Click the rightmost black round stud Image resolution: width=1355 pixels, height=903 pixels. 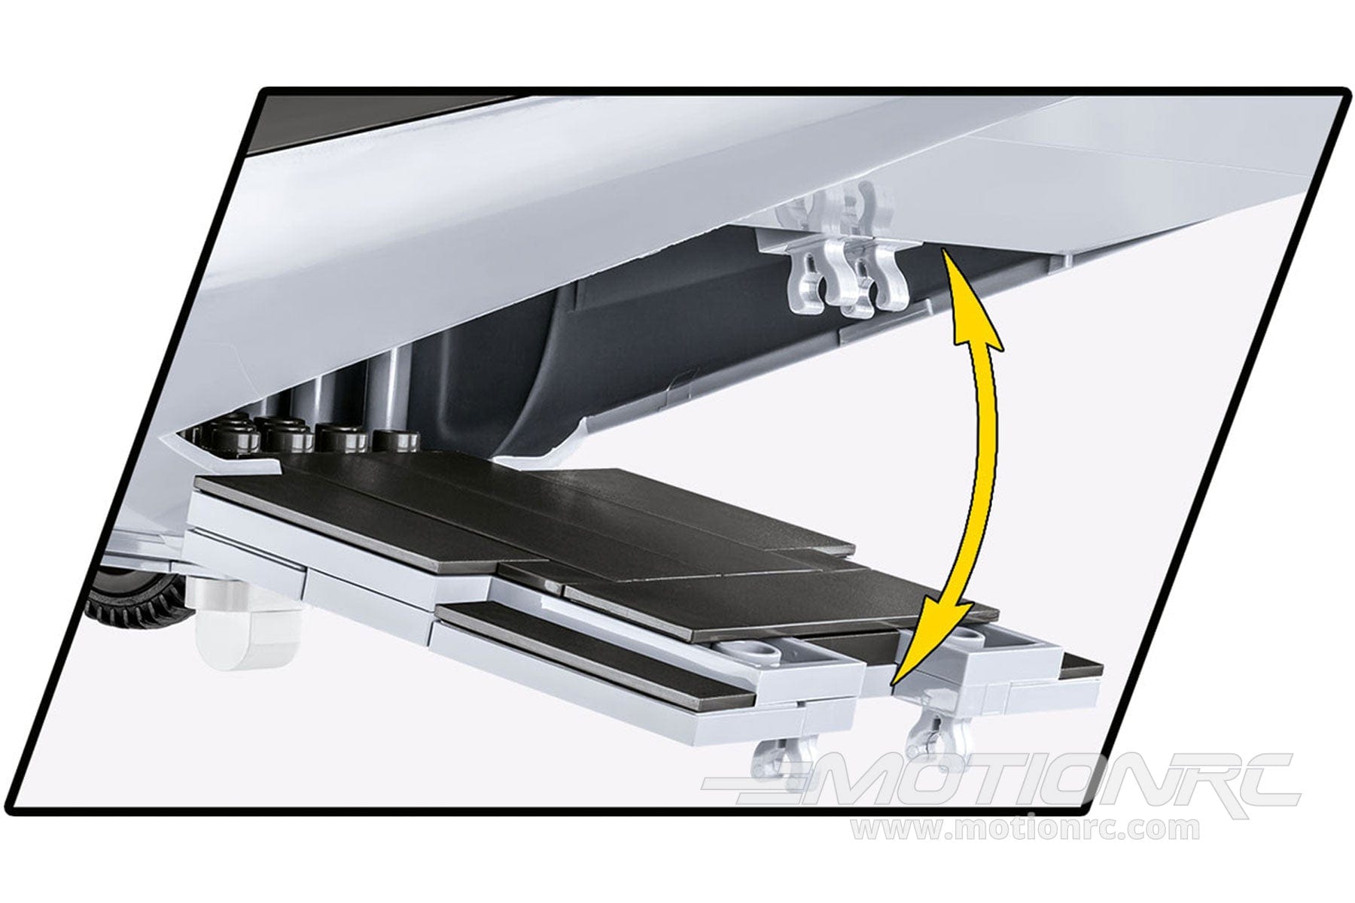[x=398, y=440]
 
